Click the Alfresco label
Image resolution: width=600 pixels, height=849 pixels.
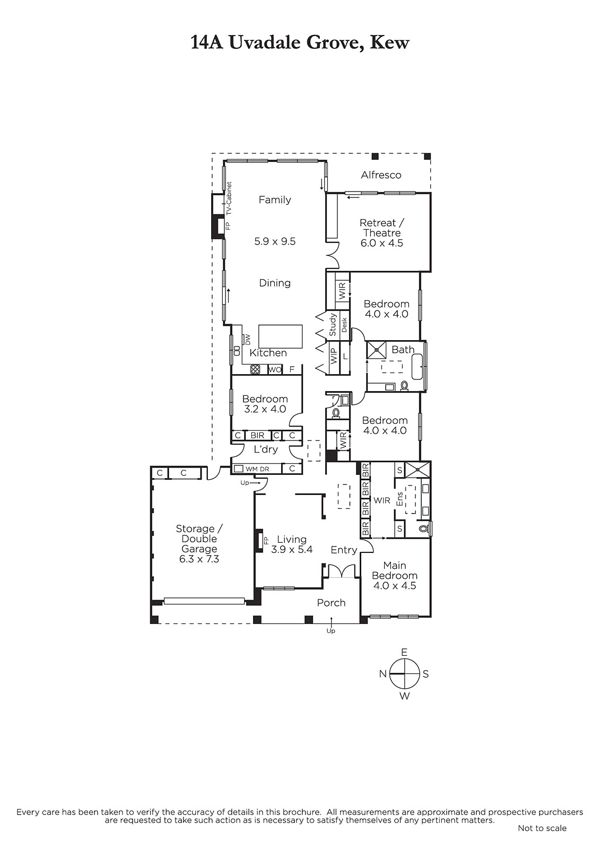[380, 175]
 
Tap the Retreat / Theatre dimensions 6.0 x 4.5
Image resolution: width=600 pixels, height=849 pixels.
[381, 243]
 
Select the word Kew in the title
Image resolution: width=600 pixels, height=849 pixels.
[389, 42]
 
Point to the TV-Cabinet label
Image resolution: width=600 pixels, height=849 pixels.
[229, 198]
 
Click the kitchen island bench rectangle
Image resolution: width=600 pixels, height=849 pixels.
[281, 336]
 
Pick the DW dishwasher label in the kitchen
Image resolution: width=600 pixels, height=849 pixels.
[248, 339]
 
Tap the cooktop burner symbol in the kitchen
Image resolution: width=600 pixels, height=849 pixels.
[255, 369]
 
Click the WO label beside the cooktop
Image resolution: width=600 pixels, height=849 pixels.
[274, 369]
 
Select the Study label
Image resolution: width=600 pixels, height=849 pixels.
[333, 324]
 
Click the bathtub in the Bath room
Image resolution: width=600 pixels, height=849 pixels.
[419, 366]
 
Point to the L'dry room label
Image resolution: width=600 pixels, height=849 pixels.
[266, 449]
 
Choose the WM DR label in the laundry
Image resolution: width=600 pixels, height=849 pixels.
[257, 469]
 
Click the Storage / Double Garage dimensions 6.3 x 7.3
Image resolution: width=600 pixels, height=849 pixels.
[199, 559]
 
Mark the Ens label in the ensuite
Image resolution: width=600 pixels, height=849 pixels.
[399, 499]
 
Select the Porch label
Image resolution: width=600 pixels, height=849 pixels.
[331, 603]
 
